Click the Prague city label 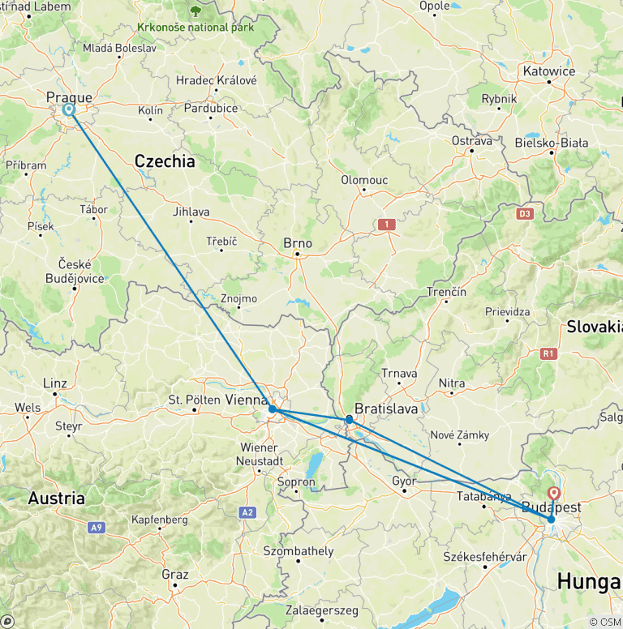click(x=69, y=98)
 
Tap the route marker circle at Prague click(x=69, y=109)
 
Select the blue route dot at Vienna click(x=273, y=410)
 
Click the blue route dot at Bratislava click(x=349, y=419)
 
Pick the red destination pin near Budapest click(x=555, y=493)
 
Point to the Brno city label click(x=297, y=243)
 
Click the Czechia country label click(x=165, y=161)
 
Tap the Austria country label click(x=57, y=498)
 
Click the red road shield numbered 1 click(x=387, y=224)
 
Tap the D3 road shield click(x=525, y=214)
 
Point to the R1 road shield click(x=549, y=353)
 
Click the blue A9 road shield click(x=96, y=528)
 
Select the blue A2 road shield click(x=247, y=512)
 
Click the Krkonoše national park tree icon click(x=195, y=11)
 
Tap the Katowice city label click(x=549, y=71)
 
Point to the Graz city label click(x=174, y=575)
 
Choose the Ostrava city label click(x=472, y=140)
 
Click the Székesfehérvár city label click(x=484, y=557)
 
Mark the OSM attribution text click(x=605, y=622)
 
